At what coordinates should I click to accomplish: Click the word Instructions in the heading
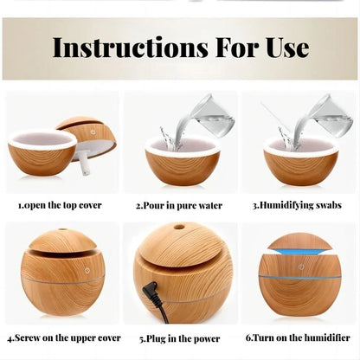(x=130, y=48)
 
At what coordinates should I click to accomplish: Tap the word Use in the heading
(x=287, y=48)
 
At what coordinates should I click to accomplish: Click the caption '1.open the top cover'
(x=60, y=205)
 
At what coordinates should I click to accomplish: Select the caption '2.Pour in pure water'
(x=179, y=206)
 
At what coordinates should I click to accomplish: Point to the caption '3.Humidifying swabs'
(x=297, y=205)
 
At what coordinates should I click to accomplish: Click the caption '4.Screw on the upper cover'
(x=64, y=337)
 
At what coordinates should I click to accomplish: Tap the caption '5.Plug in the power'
(x=180, y=338)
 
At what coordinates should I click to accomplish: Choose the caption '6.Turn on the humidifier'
(x=298, y=337)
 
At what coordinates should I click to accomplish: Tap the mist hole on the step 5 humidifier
(x=179, y=227)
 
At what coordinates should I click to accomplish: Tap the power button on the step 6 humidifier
(x=300, y=267)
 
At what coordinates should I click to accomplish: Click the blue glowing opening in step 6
(x=299, y=253)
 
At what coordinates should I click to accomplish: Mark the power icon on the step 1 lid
(x=93, y=132)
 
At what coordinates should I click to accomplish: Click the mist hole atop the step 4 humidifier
(x=61, y=230)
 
